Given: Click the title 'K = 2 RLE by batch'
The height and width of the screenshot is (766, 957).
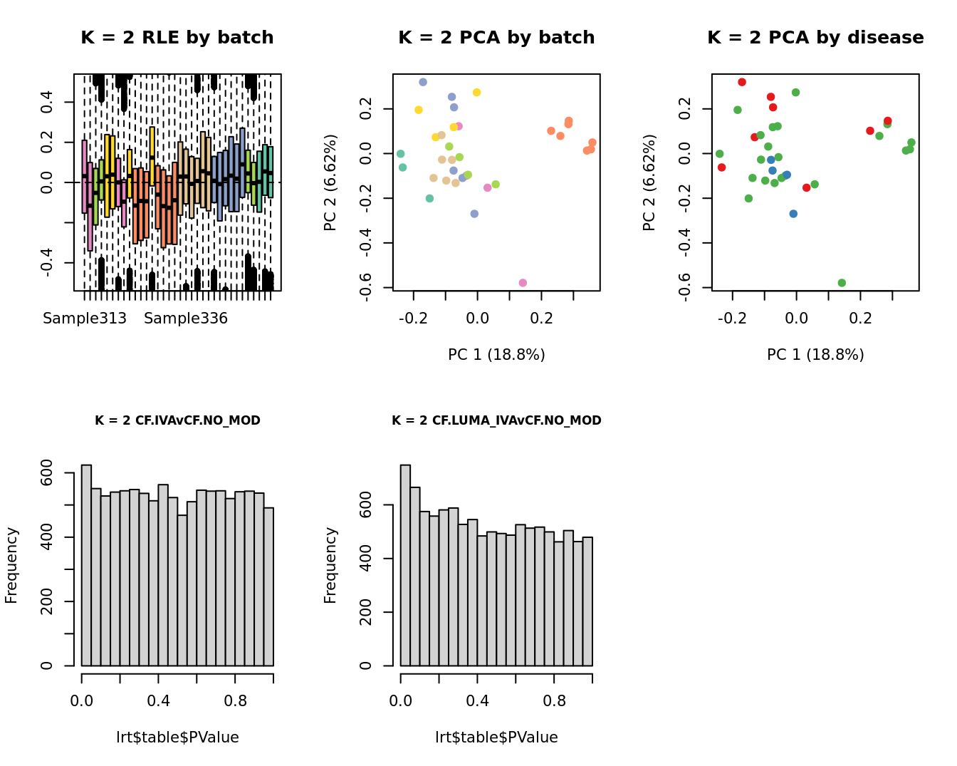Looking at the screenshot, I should (x=177, y=38).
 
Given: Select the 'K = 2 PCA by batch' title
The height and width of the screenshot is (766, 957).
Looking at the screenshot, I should (x=496, y=38).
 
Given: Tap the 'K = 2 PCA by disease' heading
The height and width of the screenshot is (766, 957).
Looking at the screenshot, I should (x=815, y=38).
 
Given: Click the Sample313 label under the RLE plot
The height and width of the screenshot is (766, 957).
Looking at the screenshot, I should (x=85, y=319).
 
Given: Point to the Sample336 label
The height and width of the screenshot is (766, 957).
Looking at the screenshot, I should (x=186, y=319).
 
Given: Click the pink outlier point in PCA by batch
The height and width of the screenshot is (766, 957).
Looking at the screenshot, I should (x=523, y=283).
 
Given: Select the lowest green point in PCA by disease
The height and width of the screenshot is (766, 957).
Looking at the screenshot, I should (x=842, y=283).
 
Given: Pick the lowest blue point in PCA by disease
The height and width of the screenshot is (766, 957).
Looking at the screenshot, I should (x=793, y=214).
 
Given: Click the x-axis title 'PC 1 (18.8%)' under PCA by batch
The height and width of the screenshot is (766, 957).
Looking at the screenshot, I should (x=496, y=355).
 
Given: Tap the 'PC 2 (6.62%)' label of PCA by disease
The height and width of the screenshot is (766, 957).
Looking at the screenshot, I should (x=649, y=182).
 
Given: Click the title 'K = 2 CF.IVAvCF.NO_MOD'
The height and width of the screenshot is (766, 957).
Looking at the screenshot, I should (x=177, y=420).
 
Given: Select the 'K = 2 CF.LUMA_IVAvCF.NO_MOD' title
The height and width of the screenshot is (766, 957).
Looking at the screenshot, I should (x=496, y=420).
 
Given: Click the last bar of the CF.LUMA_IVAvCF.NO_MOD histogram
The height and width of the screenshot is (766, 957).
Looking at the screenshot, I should (x=587, y=601).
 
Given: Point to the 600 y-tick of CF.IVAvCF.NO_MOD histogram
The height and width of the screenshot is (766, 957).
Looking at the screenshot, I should (x=47, y=473).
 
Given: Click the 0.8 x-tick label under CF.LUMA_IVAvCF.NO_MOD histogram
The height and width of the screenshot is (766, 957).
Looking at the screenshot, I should (x=554, y=701).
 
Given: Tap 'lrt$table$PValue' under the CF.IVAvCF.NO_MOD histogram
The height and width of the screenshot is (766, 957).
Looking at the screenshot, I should (x=177, y=737).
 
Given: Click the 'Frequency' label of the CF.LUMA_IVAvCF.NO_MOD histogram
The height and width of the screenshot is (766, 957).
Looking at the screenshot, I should (x=330, y=565).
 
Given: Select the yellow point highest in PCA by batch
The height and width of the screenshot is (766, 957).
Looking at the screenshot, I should (x=476, y=93).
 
